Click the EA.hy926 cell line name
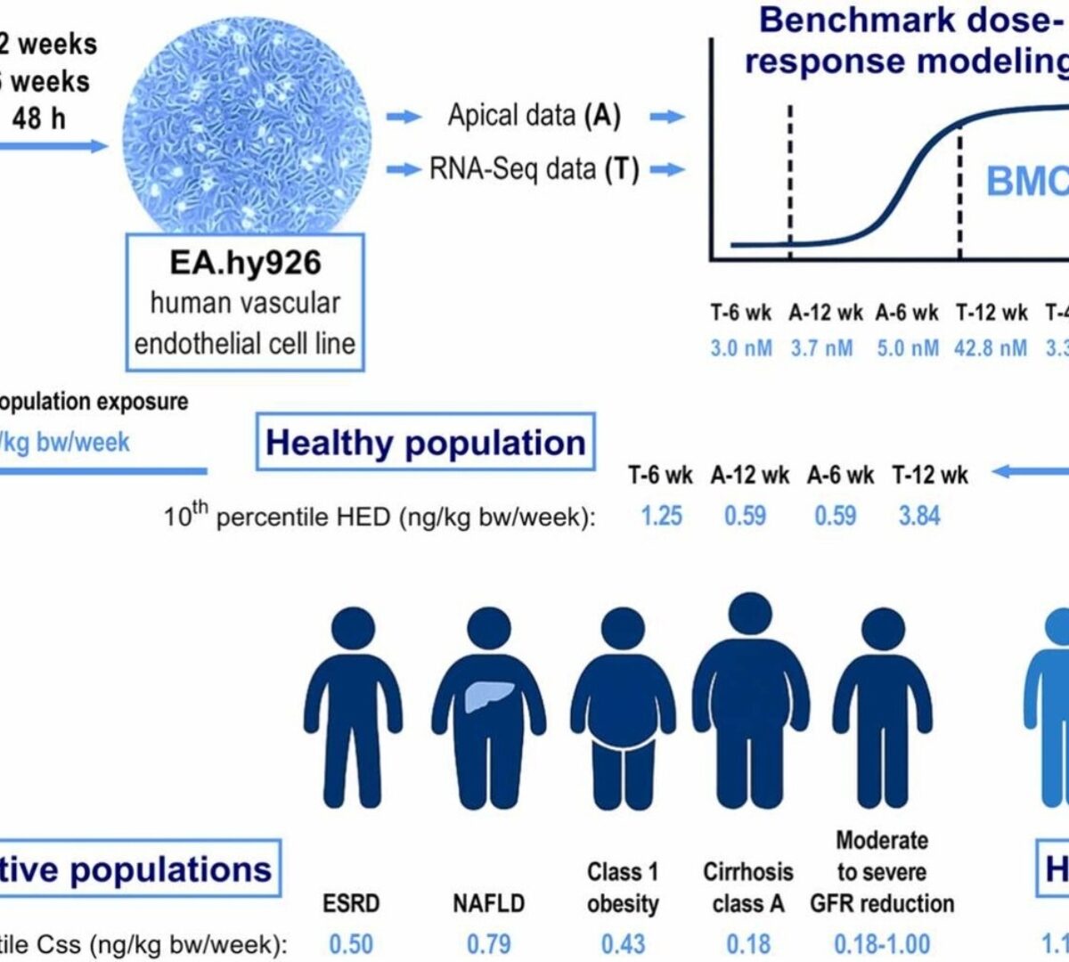(x=245, y=263)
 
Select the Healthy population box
(x=425, y=443)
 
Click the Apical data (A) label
(x=534, y=116)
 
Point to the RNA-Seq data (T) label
(x=534, y=169)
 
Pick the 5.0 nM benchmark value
(x=907, y=347)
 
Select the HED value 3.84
(x=918, y=515)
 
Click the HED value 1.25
(x=661, y=515)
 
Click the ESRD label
(x=351, y=903)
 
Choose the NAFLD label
(x=488, y=903)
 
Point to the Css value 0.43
(x=623, y=943)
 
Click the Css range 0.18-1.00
(x=881, y=943)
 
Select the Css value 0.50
(x=351, y=943)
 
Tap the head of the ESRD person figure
(x=354, y=631)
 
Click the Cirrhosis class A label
(x=748, y=887)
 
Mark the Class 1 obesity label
(x=623, y=887)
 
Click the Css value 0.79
(x=488, y=943)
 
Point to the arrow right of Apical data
(x=667, y=117)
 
